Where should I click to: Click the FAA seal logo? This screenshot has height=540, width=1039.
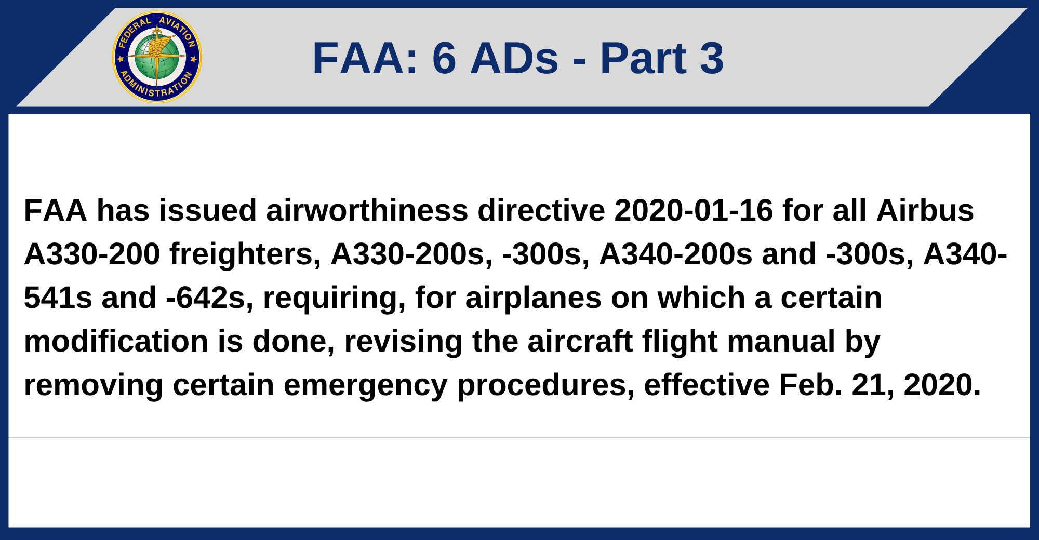pyautogui.click(x=157, y=57)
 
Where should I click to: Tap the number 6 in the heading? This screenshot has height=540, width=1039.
pyautogui.click(x=444, y=58)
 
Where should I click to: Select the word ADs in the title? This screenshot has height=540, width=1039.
pyautogui.click(x=514, y=58)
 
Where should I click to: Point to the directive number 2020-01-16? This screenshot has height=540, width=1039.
pyautogui.click(x=694, y=211)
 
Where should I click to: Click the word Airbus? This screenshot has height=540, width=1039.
pyautogui.click(x=925, y=211)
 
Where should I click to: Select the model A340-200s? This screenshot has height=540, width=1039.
pyautogui.click(x=675, y=254)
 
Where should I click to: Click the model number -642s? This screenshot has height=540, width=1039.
pyautogui.click(x=206, y=298)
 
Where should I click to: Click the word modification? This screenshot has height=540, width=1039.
pyautogui.click(x=116, y=342)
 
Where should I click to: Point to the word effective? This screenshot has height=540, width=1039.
pyautogui.click(x=707, y=385)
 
